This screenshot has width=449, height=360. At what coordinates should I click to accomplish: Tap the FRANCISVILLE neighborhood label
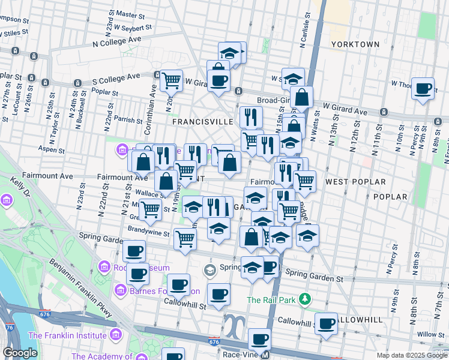[202, 121]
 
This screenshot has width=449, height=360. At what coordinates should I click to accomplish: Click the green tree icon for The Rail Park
[305, 298]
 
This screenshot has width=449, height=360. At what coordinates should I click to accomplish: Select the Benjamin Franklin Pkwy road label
[84, 291]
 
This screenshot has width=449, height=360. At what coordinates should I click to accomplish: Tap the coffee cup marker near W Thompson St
[424, 88]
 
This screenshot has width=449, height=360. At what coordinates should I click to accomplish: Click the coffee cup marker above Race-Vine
[259, 339]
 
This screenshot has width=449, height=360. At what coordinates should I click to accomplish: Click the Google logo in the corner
[20, 353]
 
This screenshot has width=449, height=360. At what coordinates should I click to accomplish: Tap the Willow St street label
[429, 334]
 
